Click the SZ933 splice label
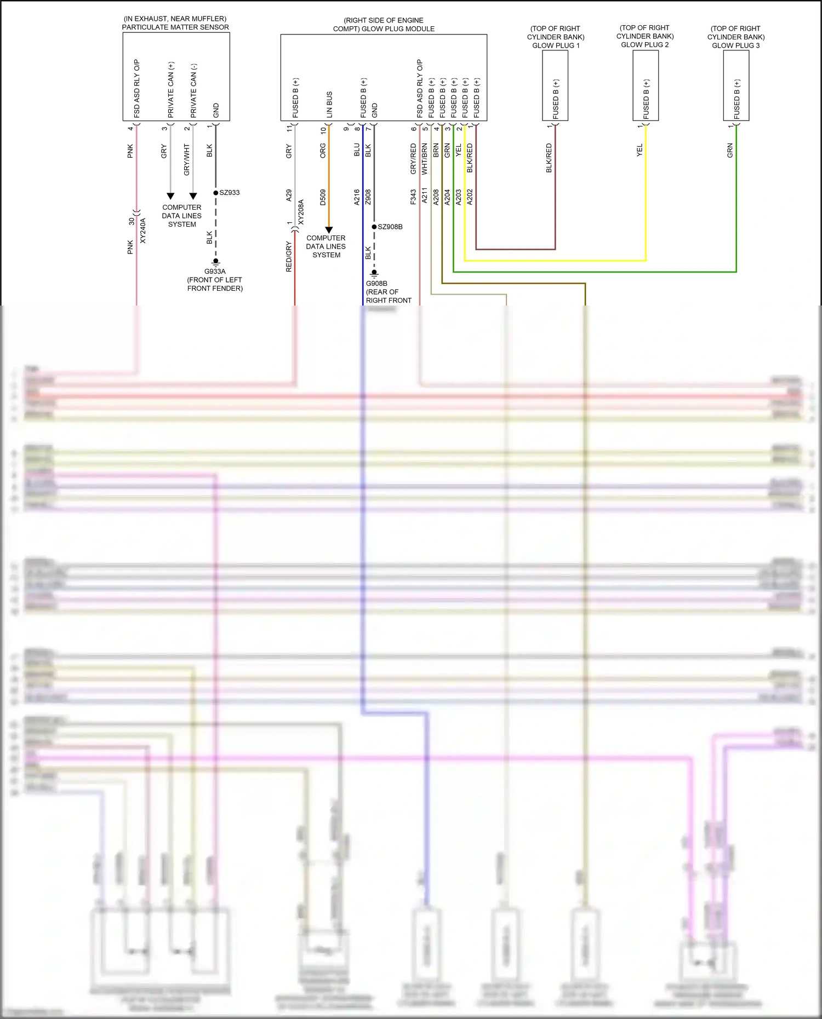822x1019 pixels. tap(230, 193)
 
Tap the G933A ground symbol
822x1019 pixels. tap(216, 262)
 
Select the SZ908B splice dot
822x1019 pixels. tap(374, 227)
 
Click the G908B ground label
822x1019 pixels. tap(376, 284)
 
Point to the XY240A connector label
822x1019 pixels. tap(143, 231)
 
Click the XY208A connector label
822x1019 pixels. tap(301, 212)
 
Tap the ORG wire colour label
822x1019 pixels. tap(323, 151)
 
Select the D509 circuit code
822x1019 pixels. tap(323, 197)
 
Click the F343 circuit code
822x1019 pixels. tap(413, 197)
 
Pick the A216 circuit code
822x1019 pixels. tap(357, 197)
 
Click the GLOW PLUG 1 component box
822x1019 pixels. tap(555, 85)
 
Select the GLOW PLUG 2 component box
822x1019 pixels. tap(646, 85)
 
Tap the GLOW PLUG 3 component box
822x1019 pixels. tap(736, 85)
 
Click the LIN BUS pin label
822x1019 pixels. tap(329, 104)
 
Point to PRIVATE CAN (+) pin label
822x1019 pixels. tap(171, 89)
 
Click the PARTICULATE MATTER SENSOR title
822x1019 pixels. tap(175, 27)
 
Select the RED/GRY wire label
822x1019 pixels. tap(289, 257)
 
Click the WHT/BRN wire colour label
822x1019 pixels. tap(425, 159)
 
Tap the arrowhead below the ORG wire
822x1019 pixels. tap(329, 230)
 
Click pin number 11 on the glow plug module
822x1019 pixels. tap(289, 128)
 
